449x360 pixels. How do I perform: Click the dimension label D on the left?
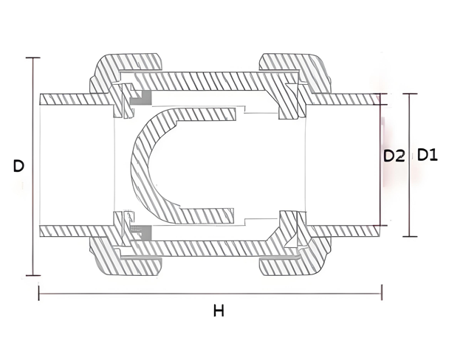(18, 167)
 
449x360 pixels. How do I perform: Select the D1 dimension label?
(428, 156)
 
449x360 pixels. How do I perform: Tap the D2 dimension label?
(394, 156)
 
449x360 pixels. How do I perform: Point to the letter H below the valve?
(218, 311)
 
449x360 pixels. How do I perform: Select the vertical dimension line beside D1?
(410, 192)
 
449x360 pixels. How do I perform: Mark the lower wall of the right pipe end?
(347, 230)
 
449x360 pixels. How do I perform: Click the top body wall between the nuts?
(207, 78)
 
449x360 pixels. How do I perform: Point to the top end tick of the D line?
(32, 58)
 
